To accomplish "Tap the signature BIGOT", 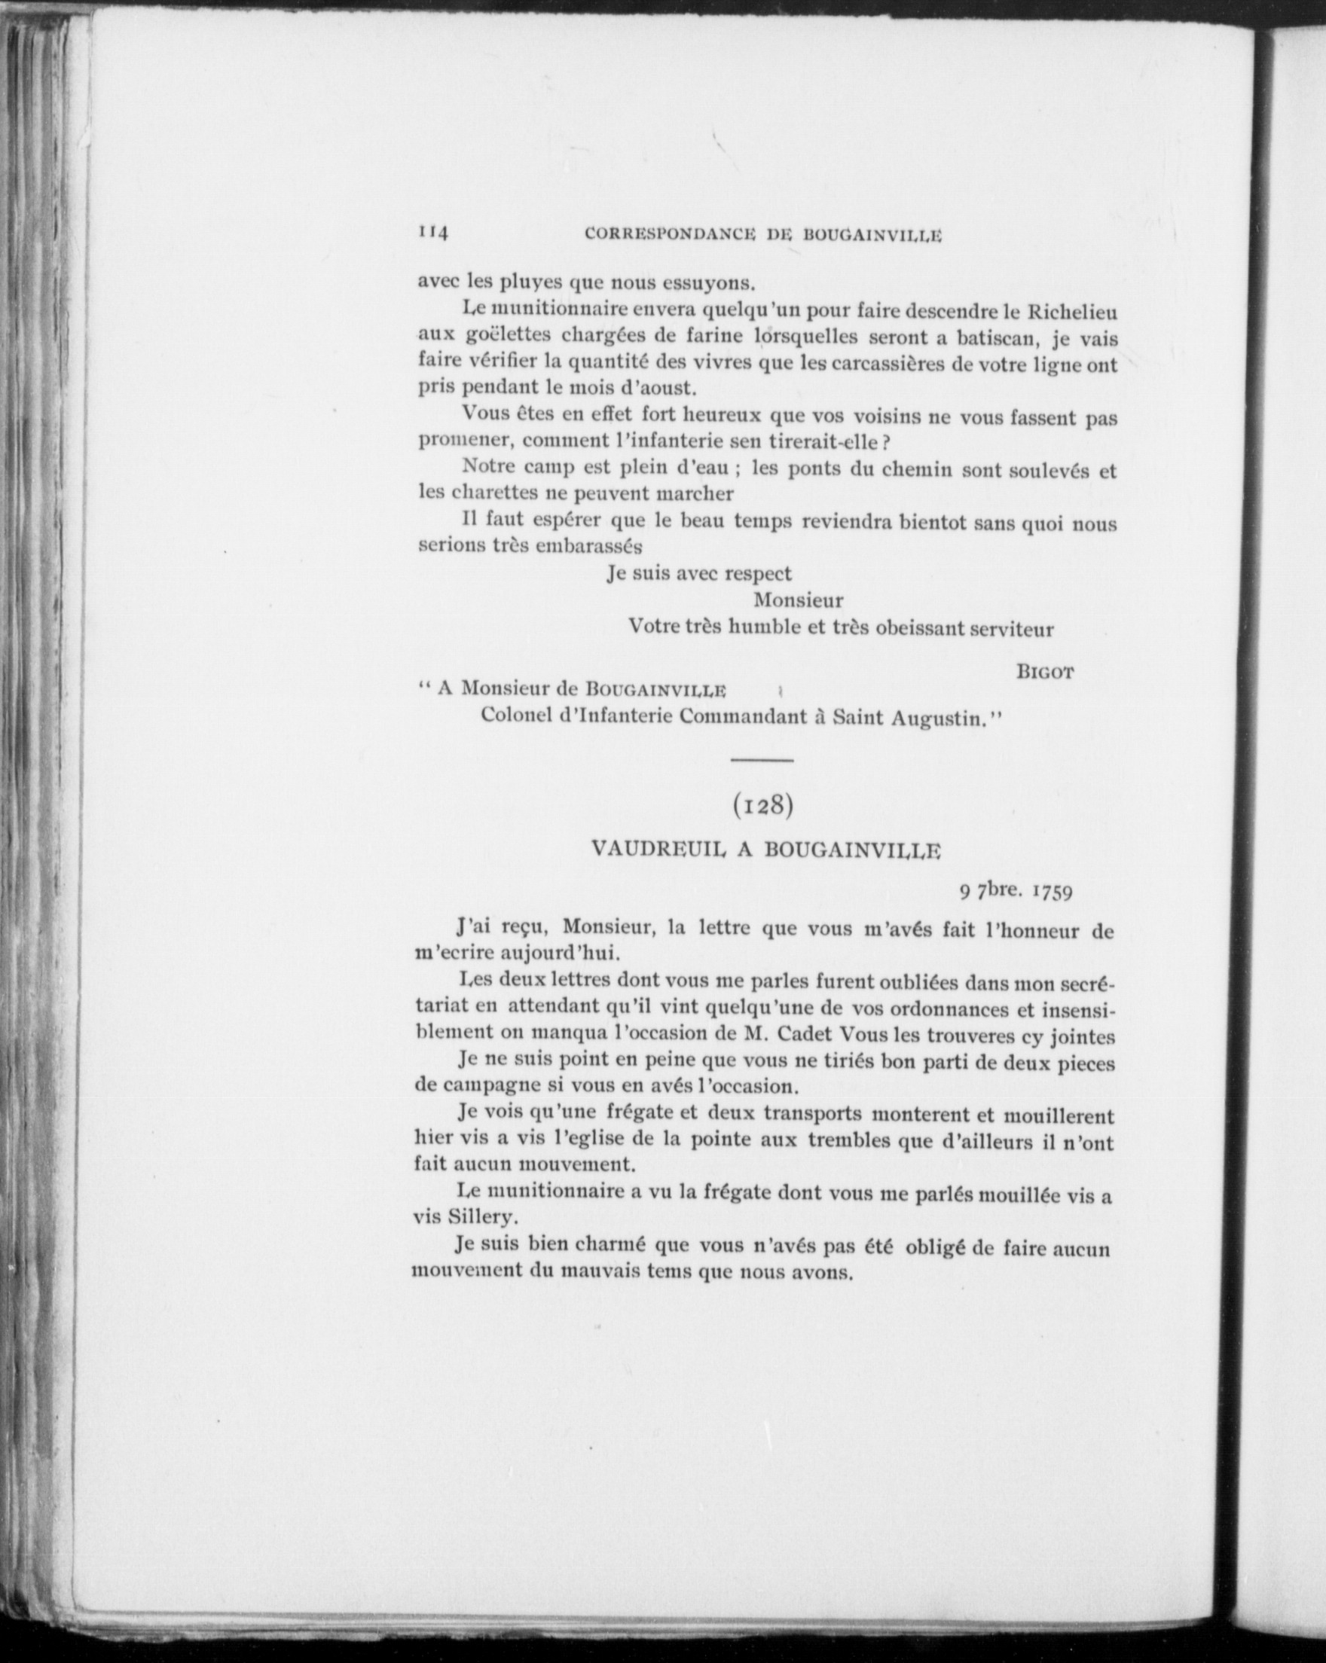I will point(1045,672).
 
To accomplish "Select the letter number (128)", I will point(762,804).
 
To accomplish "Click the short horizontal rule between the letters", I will point(762,761).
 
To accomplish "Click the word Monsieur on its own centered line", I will point(799,600).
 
